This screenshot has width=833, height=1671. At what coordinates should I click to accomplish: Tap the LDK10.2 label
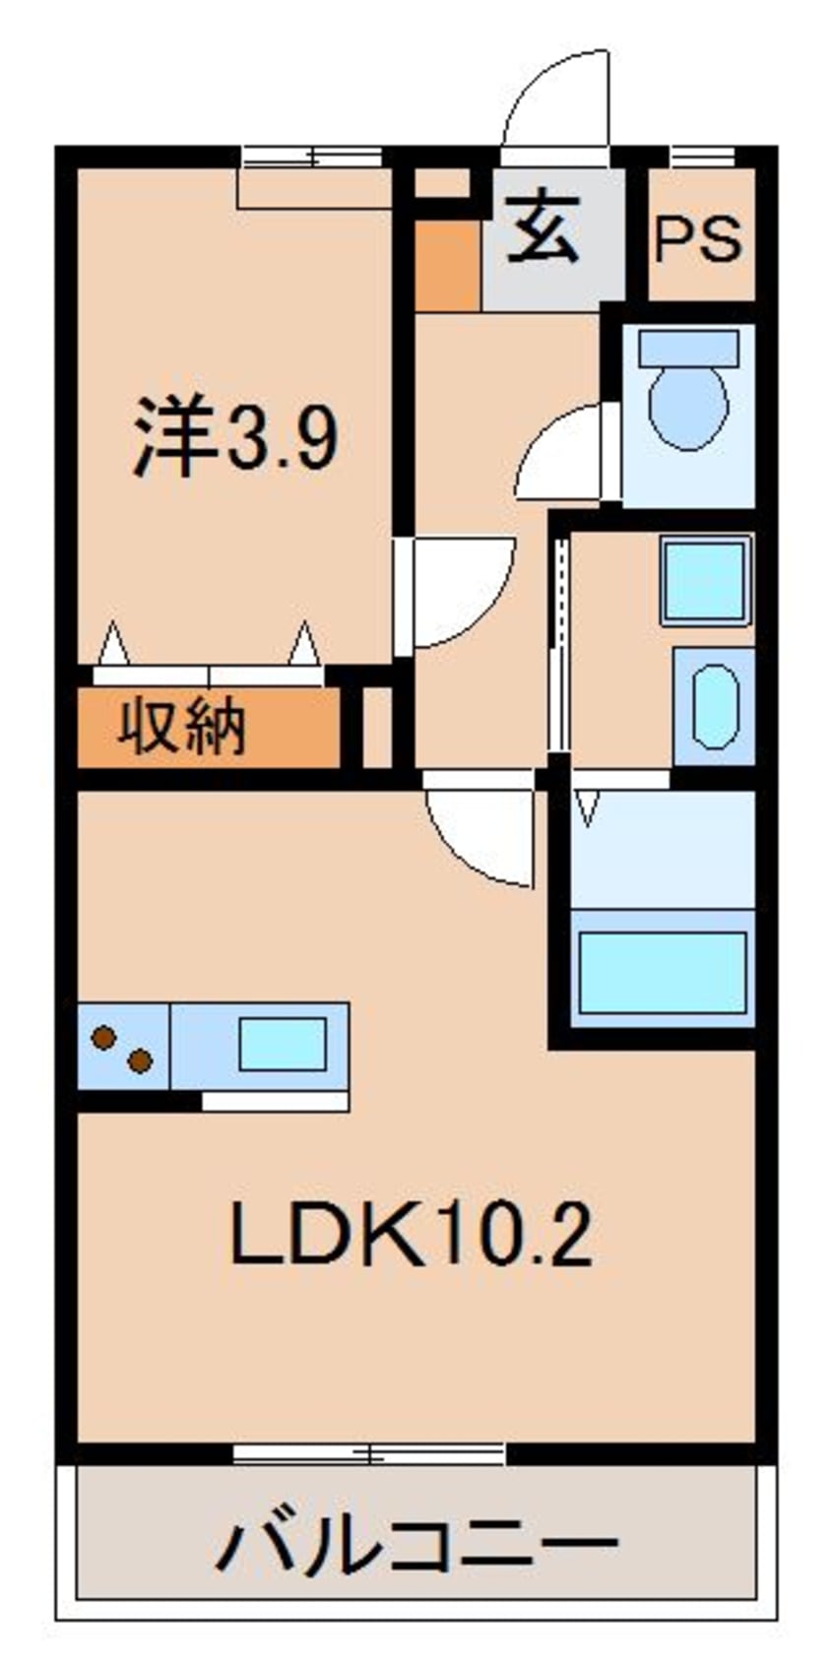(411, 1235)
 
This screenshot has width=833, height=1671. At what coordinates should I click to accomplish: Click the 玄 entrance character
(543, 229)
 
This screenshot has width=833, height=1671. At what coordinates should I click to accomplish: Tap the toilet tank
(688, 347)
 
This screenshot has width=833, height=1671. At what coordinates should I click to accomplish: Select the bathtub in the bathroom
(662, 970)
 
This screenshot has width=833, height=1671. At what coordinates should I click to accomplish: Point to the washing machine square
(705, 581)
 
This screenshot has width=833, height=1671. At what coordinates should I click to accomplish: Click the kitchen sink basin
(282, 1044)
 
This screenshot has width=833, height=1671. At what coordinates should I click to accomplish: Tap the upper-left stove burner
(102, 1036)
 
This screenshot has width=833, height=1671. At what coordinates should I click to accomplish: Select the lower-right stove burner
(140, 1061)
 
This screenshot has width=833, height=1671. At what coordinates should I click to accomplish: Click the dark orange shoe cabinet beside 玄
(447, 264)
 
